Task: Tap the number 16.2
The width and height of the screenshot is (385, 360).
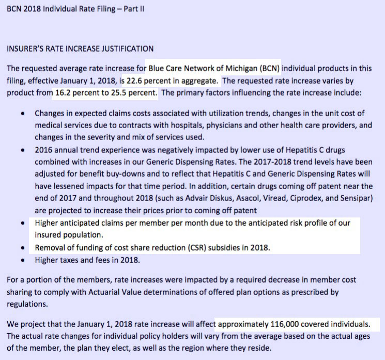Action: pyautogui.click(x=65, y=93)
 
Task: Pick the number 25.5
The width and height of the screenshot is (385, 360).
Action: pyautogui.click(x=115, y=93)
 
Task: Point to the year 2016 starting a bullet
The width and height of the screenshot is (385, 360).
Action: pyautogui.click(x=43, y=150)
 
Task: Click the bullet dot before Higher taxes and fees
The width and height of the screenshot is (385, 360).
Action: pyautogui.click(x=20, y=260)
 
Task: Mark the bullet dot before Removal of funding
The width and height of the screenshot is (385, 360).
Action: pyautogui.click(x=20, y=248)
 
